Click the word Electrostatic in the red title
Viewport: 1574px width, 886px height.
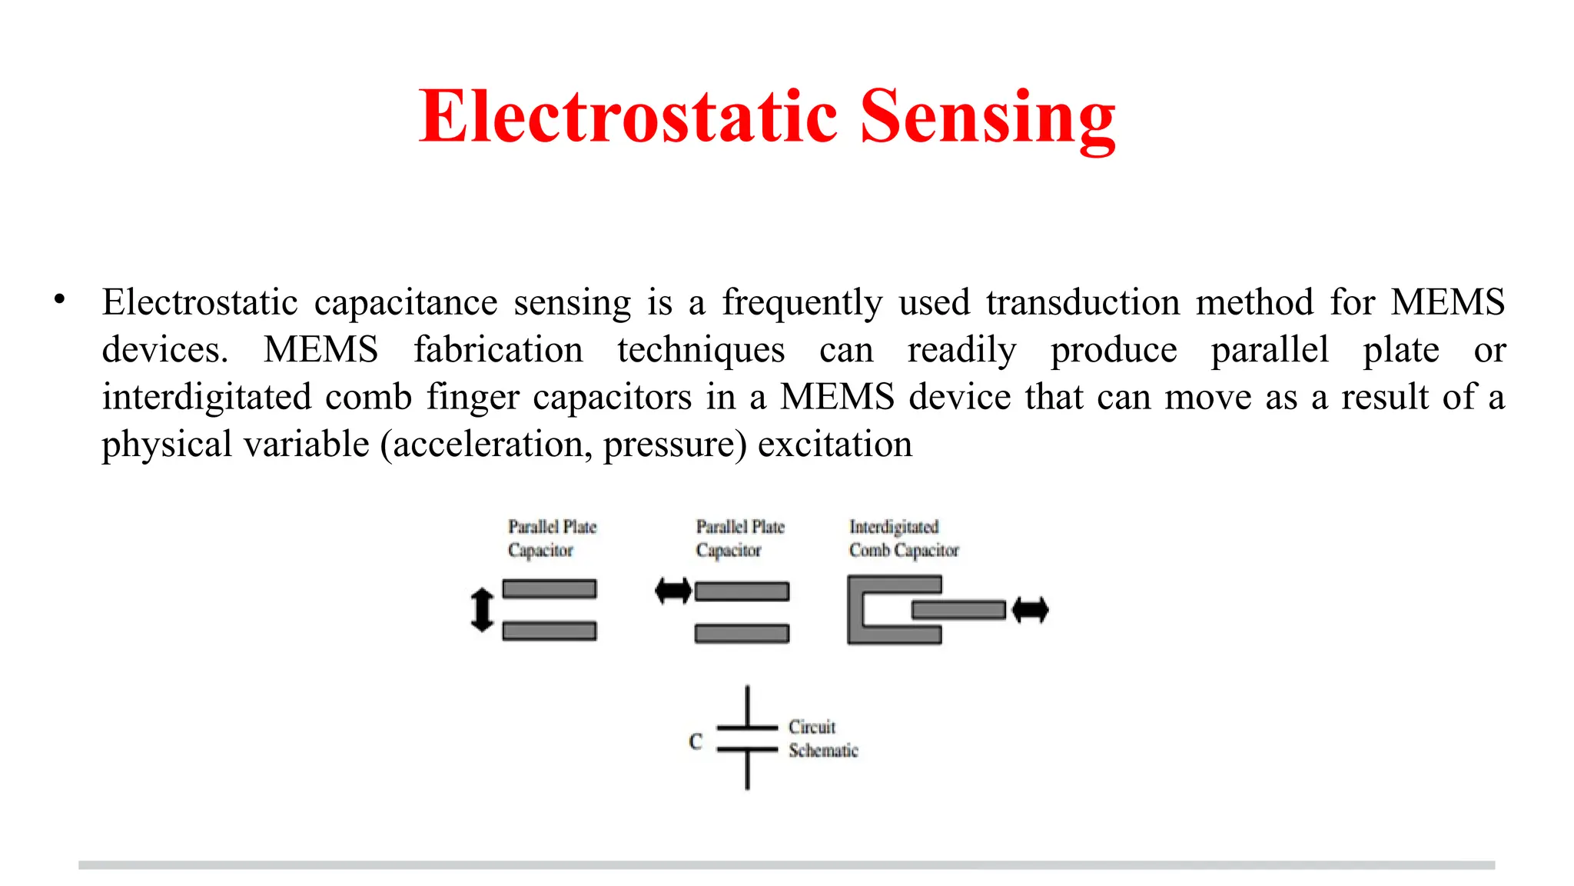pyautogui.click(x=627, y=117)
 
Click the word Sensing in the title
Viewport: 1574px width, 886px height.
pyautogui.click(x=987, y=117)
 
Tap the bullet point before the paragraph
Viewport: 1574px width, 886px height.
pyautogui.click(x=59, y=300)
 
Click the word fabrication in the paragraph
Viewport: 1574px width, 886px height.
pyautogui.click(x=498, y=350)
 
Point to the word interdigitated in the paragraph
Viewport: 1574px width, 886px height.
pyautogui.click(x=207, y=398)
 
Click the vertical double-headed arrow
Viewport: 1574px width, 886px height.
pyautogui.click(x=482, y=609)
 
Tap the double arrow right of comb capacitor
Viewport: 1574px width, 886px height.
pyautogui.click(x=1030, y=611)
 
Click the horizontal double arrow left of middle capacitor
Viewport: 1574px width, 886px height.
pyautogui.click(x=673, y=591)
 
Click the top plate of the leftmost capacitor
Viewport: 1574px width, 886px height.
pyautogui.click(x=550, y=589)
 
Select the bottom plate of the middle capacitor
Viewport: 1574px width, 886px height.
pyautogui.click(x=742, y=633)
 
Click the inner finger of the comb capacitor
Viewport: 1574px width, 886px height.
pyautogui.click(x=958, y=611)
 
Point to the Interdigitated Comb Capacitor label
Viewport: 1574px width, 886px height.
pyautogui.click(x=903, y=538)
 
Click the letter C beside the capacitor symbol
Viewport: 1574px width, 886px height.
pyautogui.click(x=696, y=741)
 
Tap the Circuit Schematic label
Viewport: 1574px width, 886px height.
pyautogui.click(x=822, y=738)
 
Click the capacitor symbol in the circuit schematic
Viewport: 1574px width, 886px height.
pyautogui.click(x=747, y=738)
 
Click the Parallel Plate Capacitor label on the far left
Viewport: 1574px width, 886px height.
pyautogui.click(x=551, y=538)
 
